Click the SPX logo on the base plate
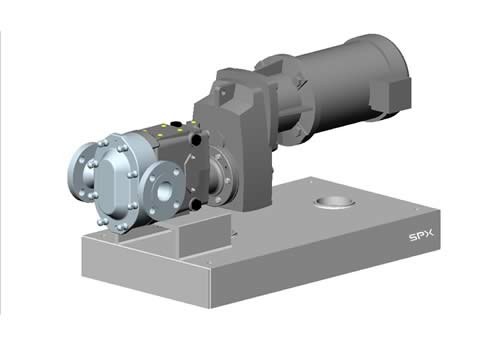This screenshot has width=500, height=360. (421, 235)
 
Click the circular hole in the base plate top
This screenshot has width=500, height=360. (335, 203)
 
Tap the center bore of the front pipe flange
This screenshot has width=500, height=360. (164, 191)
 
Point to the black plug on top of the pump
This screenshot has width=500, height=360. (174, 124)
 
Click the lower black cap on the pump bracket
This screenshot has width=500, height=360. (196, 204)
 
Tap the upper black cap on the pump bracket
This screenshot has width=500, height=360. (197, 138)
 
